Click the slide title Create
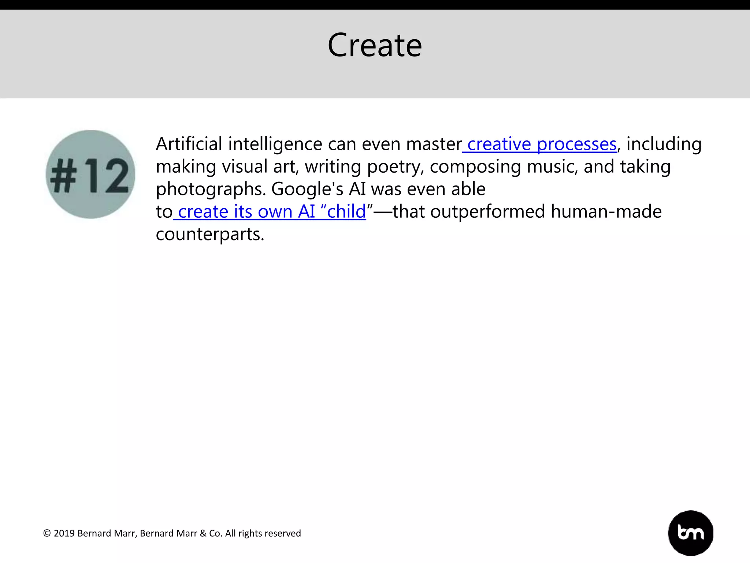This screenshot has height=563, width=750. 375,45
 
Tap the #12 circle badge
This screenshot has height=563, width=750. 90,174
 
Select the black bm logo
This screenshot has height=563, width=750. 690,533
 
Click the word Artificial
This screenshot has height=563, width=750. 189,144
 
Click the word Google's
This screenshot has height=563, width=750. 307,189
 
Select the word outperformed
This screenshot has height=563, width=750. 488,212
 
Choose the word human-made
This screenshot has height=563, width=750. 606,212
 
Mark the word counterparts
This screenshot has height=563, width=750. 210,235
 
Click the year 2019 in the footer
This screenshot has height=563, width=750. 64,533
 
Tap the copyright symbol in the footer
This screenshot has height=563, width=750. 47,533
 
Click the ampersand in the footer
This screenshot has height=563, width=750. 203,533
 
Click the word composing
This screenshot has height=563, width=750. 475,167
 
